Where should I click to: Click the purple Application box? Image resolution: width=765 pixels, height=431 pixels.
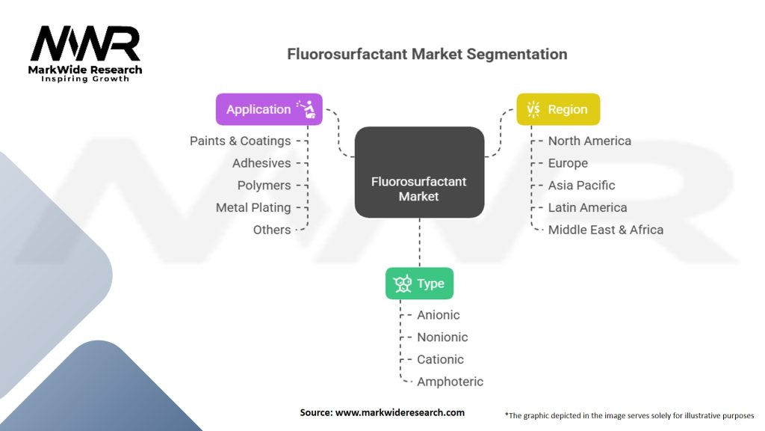pos(269,109)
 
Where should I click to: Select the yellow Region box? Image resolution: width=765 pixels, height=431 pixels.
pos(558,109)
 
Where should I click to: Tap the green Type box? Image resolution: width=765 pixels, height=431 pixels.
pos(419,284)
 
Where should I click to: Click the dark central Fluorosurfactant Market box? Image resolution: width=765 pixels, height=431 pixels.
pos(419,172)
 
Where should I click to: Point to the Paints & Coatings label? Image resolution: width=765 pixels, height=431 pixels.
pos(240,141)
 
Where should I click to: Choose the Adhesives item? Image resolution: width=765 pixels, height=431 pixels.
pos(261,163)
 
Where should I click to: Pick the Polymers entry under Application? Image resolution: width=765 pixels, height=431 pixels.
pos(264,185)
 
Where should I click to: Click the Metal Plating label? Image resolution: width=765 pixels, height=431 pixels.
pos(253,207)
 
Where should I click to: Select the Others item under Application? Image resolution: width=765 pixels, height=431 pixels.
pos(272,230)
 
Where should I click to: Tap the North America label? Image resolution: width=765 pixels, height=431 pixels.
pos(589,141)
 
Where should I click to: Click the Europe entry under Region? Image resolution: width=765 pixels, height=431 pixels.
pos(568,163)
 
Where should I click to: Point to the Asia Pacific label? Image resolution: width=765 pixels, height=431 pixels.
pos(581,185)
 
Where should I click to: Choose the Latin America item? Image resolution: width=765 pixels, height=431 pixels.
pos(587,207)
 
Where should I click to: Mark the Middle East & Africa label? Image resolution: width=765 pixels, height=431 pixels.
pos(605,230)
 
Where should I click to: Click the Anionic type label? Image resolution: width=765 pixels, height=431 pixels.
pos(439,315)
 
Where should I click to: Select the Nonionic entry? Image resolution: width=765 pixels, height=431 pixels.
pos(442,337)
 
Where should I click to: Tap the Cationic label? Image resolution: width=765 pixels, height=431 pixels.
pos(440,359)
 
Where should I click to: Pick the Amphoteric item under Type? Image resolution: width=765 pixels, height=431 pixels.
pos(450,382)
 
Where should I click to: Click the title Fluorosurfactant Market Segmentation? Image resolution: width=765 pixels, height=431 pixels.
pos(427,55)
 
